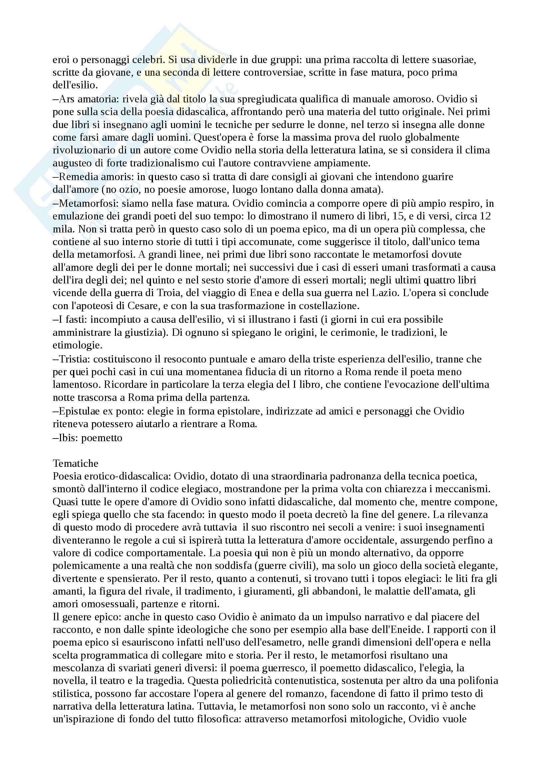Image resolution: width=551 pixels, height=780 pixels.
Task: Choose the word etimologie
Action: click(x=77, y=345)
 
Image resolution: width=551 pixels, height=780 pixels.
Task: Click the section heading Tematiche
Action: click(x=75, y=464)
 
